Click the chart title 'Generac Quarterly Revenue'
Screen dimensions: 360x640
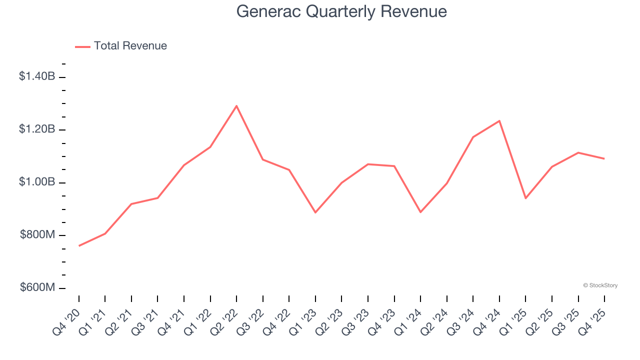pos(341,11)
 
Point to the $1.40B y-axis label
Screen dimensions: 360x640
pos(37,76)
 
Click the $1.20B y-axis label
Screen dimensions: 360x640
pos(37,129)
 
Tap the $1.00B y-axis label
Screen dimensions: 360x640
pos(37,182)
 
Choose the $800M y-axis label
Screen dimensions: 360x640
pos(37,235)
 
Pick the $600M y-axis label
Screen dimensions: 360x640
pos(37,288)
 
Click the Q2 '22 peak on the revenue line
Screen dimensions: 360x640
pos(236,105)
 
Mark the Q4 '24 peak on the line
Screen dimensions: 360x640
pos(499,120)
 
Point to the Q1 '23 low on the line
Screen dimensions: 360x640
pos(315,212)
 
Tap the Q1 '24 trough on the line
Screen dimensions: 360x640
pos(420,212)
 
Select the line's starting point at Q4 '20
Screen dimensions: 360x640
pos(79,245)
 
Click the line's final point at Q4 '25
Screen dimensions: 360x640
pos(604,158)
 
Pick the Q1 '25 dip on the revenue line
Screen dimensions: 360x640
pos(525,198)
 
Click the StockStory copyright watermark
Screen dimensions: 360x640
pos(600,285)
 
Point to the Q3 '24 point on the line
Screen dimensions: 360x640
pos(473,137)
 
